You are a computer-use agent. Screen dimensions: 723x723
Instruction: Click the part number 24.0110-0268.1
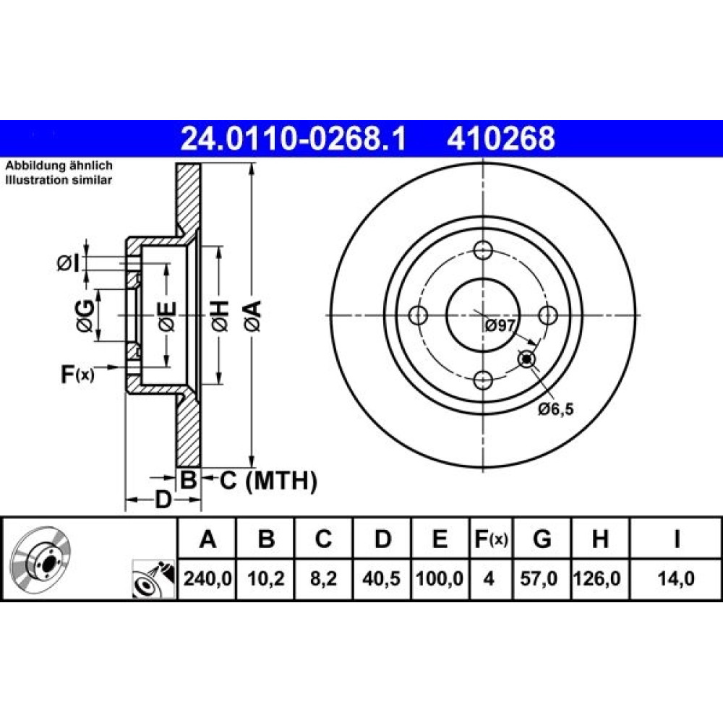(x=294, y=138)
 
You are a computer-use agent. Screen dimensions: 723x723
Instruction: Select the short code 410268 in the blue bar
(x=501, y=138)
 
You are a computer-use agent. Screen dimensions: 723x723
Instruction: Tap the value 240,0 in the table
(x=208, y=578)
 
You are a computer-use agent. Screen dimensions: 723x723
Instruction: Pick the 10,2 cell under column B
(x=266, y=578)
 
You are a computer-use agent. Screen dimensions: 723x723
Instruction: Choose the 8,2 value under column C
(x=323, y=578)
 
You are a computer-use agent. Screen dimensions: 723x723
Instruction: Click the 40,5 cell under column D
(x=381, y=578)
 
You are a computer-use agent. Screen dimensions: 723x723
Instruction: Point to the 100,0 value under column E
(x=440, y=578)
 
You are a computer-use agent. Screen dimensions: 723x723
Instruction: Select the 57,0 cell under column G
(x=539, y=578)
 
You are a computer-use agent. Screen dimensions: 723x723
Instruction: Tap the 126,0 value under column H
(x=597, y=578)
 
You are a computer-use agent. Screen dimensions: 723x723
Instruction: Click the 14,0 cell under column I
(x=676, y=578)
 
